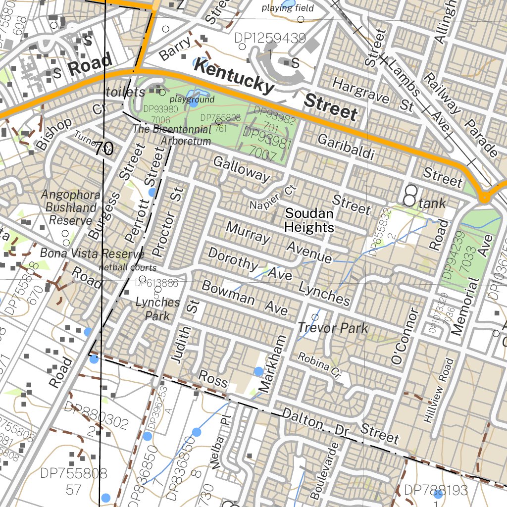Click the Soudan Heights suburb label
coord(309,220)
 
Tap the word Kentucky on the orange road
coord(234,76)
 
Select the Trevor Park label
coord(333,328)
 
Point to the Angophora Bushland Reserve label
coord(70,207)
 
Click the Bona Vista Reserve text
coord(92,254)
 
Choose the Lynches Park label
coord(158,309)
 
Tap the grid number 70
coord(104,148)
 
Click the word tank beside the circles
coord(432,203)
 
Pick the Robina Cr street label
coord(320,364)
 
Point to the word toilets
coord(126,92)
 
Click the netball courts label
coord(127,268)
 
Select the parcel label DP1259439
coord(270,39)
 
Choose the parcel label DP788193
coord(435,490)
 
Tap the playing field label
coord(288,8)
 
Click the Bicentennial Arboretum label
coord(172,135)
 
